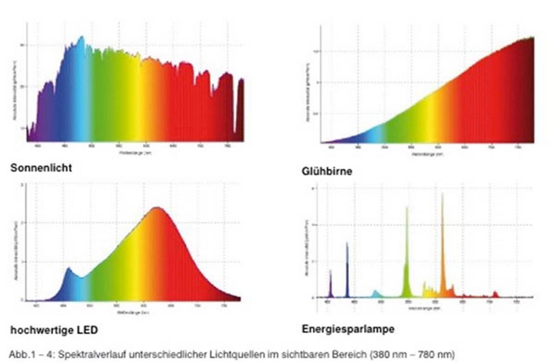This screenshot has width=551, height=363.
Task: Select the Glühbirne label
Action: pyautogui.click(x=327, y=172)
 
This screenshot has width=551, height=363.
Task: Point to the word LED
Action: pyautogui.click(x=88, y=330)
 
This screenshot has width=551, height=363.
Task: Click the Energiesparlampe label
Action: pyautogui.click(x=348, y=329)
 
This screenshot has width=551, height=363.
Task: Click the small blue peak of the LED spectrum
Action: pyautogui.click(x=68, y=269)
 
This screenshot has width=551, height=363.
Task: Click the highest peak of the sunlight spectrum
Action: pyautogui.click(x=81, y=38)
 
